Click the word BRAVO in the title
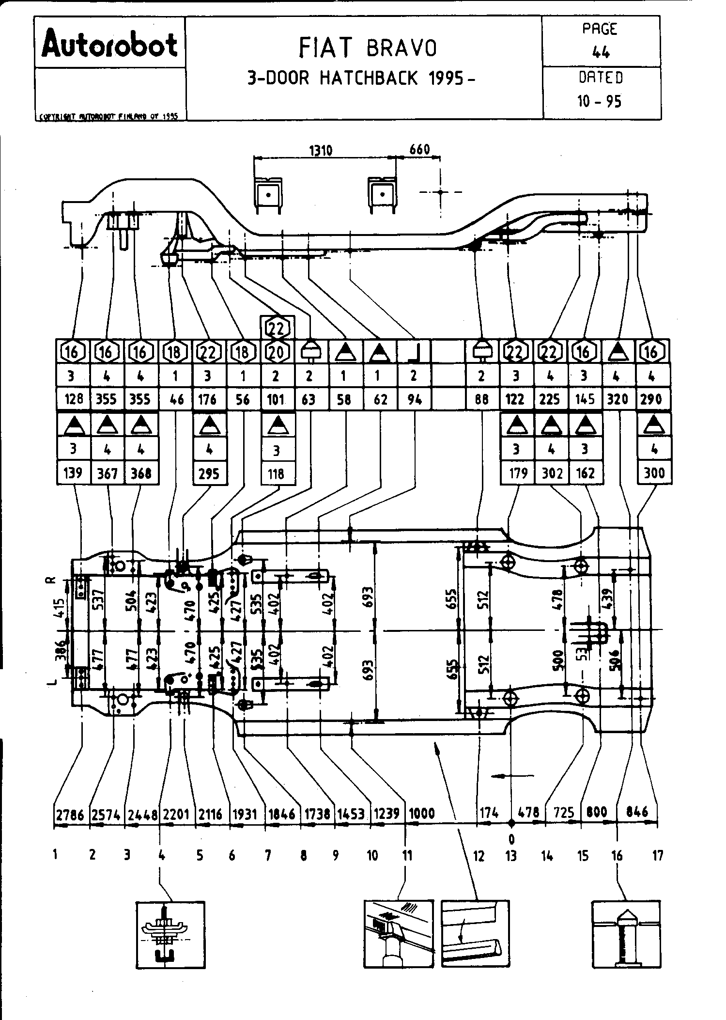pos(402,48)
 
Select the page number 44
pos(601,52)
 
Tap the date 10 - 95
pos(599,101)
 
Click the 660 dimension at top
pos(419,149)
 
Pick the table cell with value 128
pos(73,399)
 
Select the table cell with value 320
pos(617,399)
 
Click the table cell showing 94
pos(414,399)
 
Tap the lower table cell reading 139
pos(73,473)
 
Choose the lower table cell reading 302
pos(552,473)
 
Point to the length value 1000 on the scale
pos(422,814)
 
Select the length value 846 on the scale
pos(637,812)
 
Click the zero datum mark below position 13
pos(511,839)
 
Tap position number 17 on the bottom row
pos(657,856)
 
